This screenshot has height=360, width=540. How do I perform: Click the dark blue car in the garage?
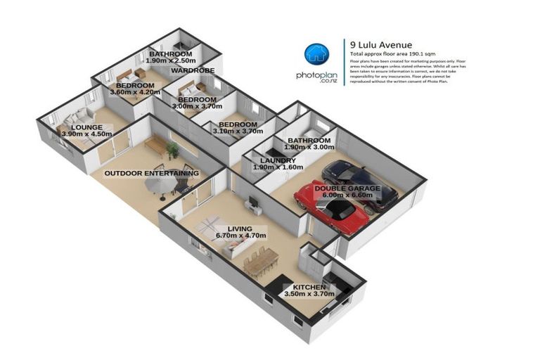(x=359, y=182)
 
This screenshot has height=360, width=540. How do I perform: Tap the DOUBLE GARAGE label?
(x=347, y=188)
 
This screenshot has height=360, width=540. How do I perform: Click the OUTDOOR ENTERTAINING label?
(x=151, y=172)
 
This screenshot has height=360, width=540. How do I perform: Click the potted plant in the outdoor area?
(x=172, y=149)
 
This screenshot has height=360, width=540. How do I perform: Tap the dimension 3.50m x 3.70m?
(x=309, y=294)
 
